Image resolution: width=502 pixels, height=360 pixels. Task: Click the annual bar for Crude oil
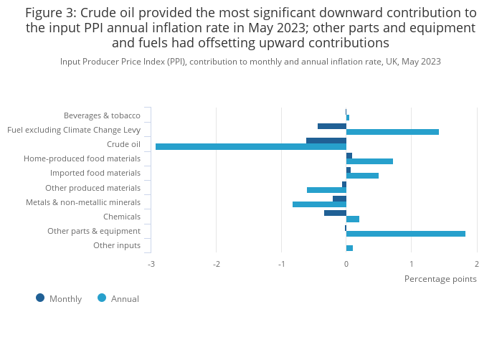click(251, 147)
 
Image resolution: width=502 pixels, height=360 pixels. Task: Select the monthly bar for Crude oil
click(326, 141)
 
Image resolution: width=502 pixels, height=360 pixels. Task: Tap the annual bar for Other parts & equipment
click(406, 234)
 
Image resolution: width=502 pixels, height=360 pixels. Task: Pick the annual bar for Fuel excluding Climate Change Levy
click(392, 132)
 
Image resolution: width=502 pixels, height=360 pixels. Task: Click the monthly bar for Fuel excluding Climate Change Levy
click(332, 126)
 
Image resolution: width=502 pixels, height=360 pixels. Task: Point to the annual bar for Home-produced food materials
click(369, 161)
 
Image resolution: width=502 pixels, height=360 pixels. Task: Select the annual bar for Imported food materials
click(362, 176)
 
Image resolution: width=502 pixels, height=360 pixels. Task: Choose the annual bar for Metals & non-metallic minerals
click(319, 204)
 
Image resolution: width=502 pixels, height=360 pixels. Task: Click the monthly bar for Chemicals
click(335, 213)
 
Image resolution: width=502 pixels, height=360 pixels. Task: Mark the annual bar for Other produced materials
click(326, 190)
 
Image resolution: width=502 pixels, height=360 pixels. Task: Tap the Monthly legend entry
click(60, 298)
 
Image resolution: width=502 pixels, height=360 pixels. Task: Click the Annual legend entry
click(119, 298)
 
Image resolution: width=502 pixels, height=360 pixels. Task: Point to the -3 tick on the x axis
click(151, 264)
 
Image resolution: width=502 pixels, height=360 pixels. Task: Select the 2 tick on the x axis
click(476, 264)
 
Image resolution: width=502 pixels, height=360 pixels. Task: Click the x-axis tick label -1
click(281, 264)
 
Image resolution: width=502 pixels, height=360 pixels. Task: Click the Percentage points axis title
click(440, 279)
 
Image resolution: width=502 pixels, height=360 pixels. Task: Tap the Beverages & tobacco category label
click(102, 115)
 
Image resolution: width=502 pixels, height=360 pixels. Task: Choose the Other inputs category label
click(117, 246)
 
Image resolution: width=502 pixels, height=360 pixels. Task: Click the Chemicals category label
click(122, 217)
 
